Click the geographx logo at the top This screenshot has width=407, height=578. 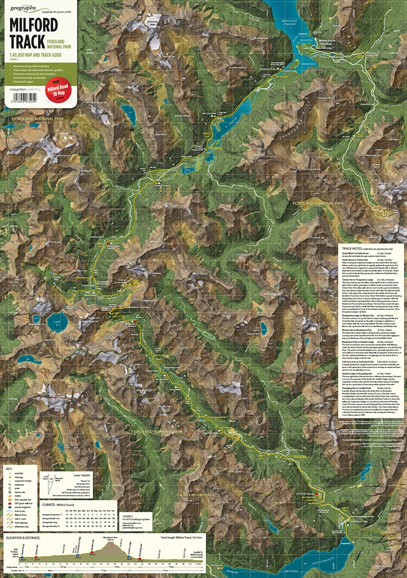point(23,8)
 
